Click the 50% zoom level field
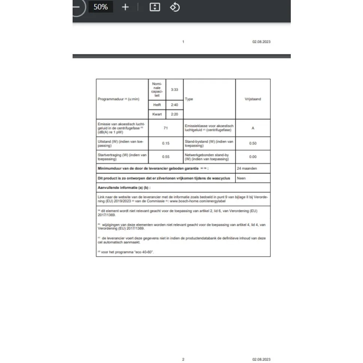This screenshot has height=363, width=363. [x=101, y=7]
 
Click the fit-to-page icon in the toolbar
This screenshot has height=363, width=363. [x=155, y=7]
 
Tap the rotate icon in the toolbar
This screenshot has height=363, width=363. [x=175, y=7]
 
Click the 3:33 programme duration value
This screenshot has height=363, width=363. [x=174, y=90]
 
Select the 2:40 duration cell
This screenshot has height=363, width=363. [x=174, y=105]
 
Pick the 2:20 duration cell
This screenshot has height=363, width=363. [x=174, y=114]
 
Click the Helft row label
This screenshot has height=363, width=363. [x=157, y=105]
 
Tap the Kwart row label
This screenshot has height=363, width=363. [x=157, y=114]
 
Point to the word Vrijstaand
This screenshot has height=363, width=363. [x=253, y=99]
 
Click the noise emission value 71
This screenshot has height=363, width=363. [x=166, y=128]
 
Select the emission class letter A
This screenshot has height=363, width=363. [x=253, y=128]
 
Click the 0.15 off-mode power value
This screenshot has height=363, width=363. [x=166, y=143]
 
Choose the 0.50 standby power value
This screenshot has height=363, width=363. [x=253, y=143]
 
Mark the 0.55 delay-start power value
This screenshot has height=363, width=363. [x=166, y=157]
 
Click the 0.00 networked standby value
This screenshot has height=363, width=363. [x=253, y=157]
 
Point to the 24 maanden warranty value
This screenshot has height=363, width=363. [x=247, y=169]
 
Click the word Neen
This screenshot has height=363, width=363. [x=241, y=178]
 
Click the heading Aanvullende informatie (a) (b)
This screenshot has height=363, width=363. [x=124, y=188]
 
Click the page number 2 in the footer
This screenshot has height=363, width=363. [x=183, y=359]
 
